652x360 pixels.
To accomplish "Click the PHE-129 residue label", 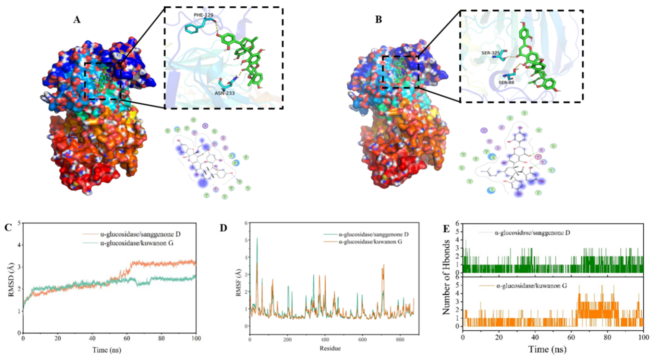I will (203, 15).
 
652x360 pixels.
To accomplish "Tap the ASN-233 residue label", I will (224, 93).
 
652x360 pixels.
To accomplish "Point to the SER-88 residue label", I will (506, 82).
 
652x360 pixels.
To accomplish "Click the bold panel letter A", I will (77, 20).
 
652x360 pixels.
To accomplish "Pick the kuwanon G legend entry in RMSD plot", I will (137, 243).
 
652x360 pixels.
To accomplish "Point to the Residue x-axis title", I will (330, 348).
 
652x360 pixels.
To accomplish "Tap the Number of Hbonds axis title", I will (446, 277).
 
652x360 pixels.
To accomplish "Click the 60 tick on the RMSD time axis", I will (127, 339).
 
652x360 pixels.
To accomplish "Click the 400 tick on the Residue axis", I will (325, 340).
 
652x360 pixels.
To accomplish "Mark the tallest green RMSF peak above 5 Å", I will (257, 238).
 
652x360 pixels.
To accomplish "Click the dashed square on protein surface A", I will (103, 81).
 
